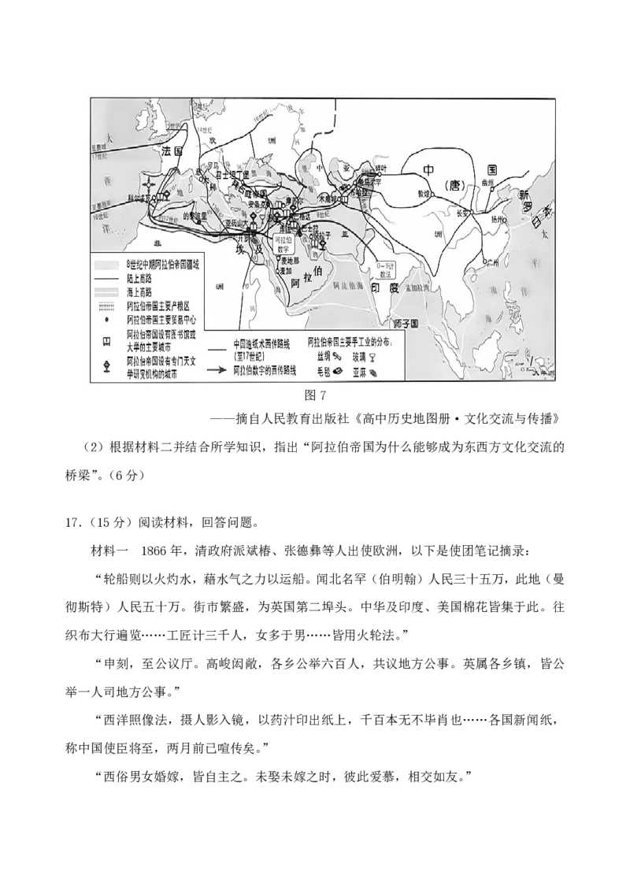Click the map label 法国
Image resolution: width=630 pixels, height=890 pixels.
(172, 150)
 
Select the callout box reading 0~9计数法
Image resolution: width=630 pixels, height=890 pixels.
(386, 270)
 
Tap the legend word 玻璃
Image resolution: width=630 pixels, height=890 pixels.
(359, 357)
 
